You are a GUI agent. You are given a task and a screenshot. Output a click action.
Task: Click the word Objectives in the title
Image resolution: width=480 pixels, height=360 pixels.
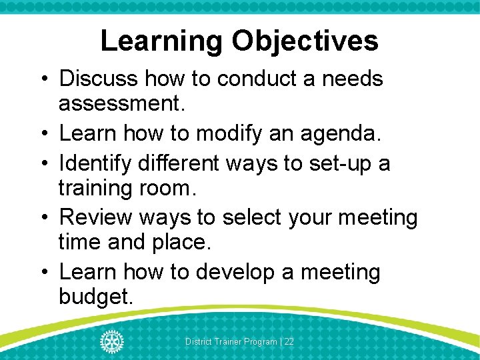[305, 41]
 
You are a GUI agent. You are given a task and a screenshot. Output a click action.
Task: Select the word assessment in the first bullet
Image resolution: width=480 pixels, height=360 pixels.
[121, 104]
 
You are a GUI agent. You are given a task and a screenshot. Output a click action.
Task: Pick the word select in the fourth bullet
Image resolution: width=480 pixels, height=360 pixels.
[257, 217]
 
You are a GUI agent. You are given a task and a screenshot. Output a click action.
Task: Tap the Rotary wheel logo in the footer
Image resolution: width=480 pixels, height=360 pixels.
[111, 341]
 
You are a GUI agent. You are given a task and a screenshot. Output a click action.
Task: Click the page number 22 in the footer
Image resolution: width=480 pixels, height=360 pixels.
[289, 341]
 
